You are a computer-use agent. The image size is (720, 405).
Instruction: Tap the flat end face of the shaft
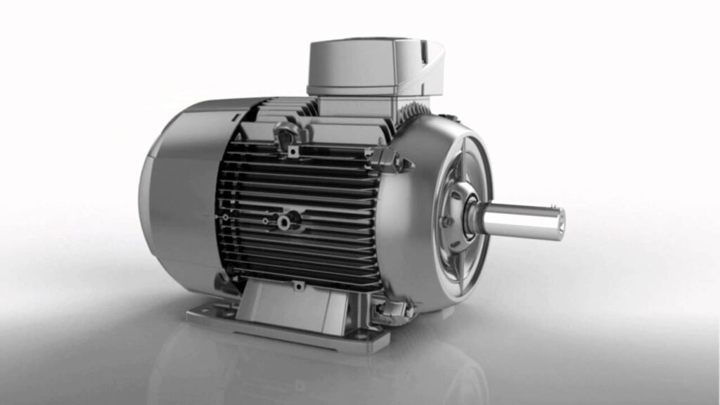560,223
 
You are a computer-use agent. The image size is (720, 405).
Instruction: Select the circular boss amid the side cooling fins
284,222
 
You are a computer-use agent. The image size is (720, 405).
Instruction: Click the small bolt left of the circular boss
264,221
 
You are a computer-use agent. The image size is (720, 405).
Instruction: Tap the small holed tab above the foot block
298,285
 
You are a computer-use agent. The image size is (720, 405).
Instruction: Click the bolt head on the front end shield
444,223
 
